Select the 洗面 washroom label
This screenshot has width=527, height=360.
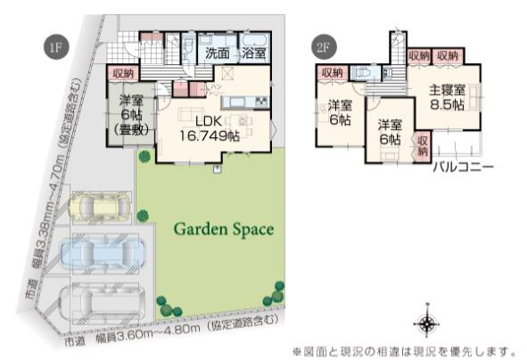(x=218, y=53)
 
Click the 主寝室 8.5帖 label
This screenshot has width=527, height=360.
(x=445, y=96)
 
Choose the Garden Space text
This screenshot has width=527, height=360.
(x=223, y=229)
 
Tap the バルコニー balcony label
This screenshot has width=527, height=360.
(x=464, y=167)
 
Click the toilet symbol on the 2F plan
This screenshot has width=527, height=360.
(x=364, y=74)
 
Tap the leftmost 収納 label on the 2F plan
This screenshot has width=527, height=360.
(x=332, y=73)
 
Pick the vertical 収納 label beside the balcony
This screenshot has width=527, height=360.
(x=423, y=146)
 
